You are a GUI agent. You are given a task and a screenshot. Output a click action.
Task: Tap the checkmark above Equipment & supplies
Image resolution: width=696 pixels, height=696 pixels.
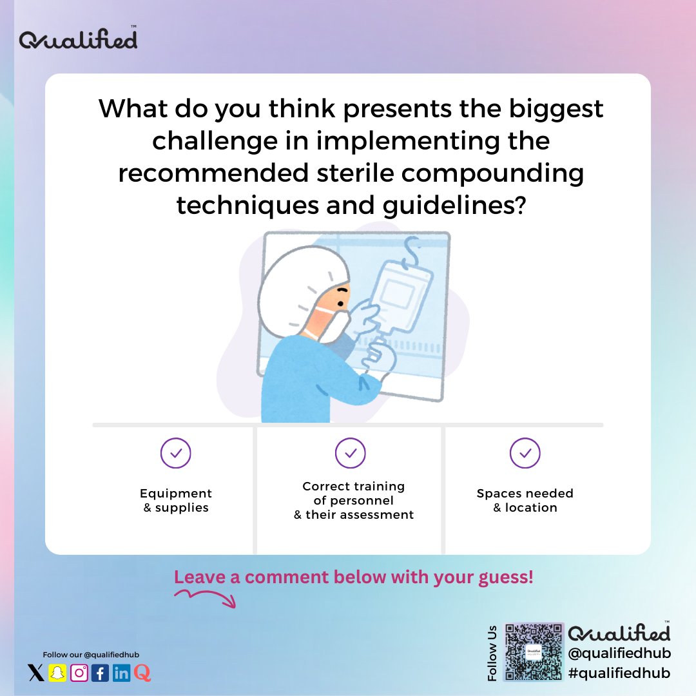[x=176, y=454]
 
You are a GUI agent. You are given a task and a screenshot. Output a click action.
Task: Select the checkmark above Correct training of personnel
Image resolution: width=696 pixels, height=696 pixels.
[x=351, y=454]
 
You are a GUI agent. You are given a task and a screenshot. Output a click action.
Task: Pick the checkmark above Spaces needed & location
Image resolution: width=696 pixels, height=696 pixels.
[x=525, y=454]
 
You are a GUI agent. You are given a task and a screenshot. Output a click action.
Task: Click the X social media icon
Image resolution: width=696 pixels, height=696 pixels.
[x=37, y=673]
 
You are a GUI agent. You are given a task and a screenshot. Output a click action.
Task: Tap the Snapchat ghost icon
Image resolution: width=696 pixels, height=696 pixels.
[x=58, y=673]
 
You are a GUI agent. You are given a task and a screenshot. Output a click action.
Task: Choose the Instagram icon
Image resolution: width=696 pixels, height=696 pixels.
[x=79, y=673]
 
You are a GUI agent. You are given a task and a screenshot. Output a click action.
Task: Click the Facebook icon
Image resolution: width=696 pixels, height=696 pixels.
[x=100, y=673]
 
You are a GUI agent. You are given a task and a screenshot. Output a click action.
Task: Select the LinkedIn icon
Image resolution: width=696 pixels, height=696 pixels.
[x=121, y=673]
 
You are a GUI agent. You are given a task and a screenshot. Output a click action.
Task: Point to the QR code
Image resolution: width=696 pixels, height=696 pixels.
[x=532, y=652]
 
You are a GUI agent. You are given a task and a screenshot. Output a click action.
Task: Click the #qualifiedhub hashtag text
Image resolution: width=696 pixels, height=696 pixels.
[x=619, y=673]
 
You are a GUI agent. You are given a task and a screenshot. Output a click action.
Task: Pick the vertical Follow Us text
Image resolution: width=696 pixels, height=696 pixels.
[x=493, y=653]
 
